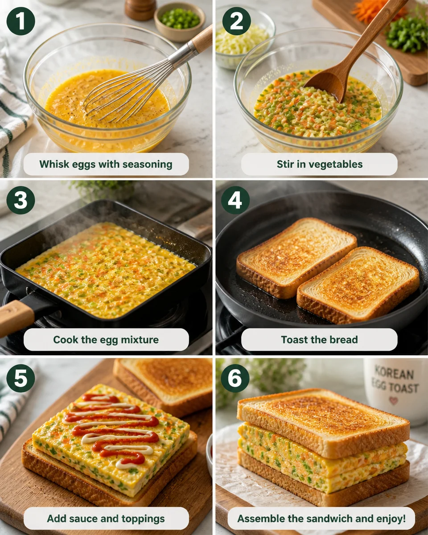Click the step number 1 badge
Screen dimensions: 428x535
pos(21,21)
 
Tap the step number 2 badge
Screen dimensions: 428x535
pos(236,21)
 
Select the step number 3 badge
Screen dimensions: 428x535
pos(21,200)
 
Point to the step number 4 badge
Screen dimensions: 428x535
pos(235,200)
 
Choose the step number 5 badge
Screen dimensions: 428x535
pos(21,378)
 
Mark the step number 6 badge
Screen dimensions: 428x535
pos(235,378)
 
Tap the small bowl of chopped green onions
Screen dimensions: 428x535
pos(180,21)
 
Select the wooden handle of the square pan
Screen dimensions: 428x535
pos(16,316)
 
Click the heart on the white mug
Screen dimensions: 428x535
pos(393,400)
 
